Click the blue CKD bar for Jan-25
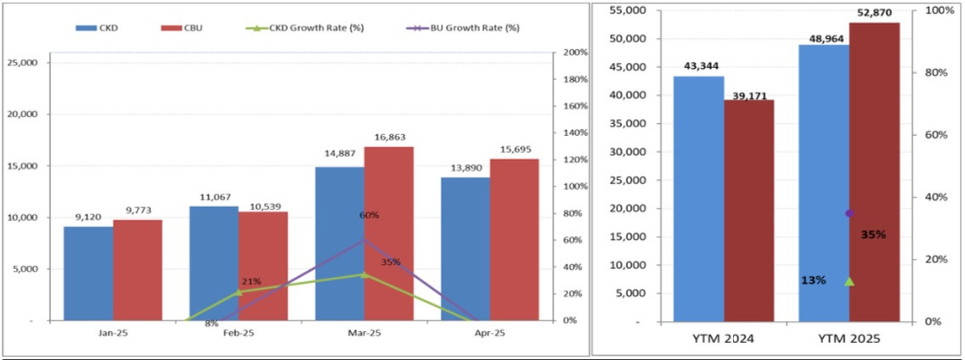(88, 273)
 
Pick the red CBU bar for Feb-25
(263, 266)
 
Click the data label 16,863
(389, 137)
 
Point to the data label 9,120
(88, 217)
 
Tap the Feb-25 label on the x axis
(238, 334)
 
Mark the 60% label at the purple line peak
(369, 216)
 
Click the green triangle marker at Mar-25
(364, 274)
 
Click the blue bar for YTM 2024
(699, 200)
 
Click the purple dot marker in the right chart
(849, 213)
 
